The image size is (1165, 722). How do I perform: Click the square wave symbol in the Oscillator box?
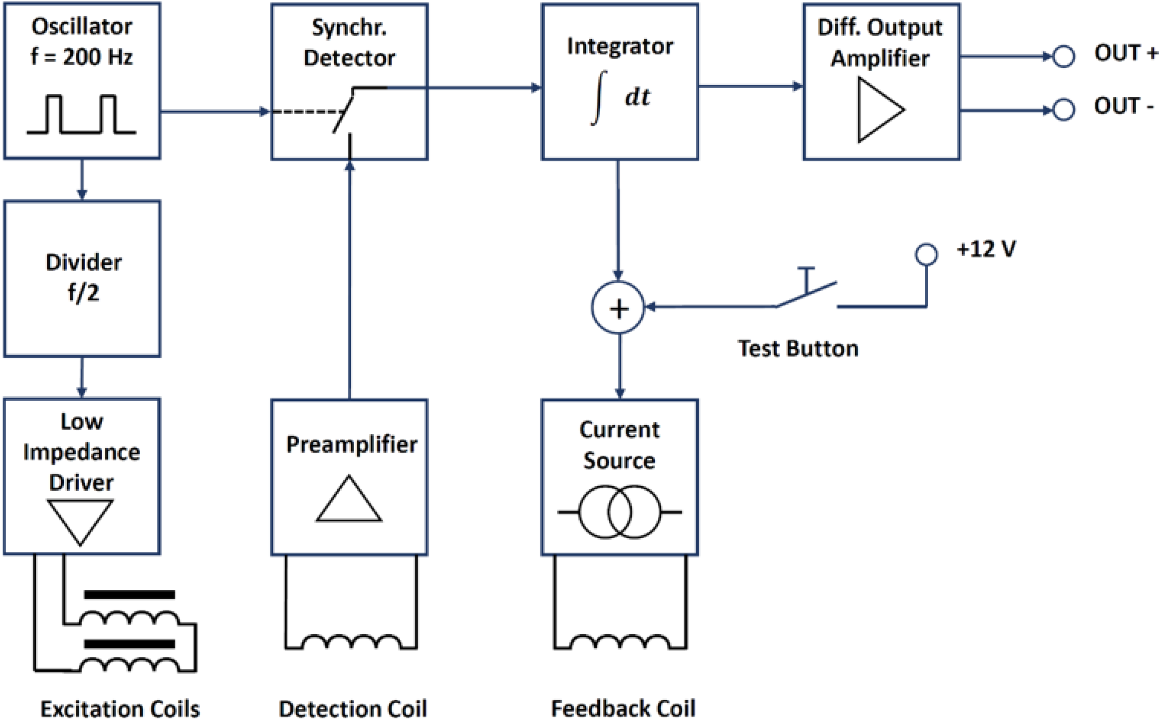81,115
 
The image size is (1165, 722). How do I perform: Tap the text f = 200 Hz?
81,57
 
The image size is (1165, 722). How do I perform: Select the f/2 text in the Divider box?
83,292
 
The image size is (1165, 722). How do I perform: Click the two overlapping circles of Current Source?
620,512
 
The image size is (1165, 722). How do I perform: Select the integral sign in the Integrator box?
598,98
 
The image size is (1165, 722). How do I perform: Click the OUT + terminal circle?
1064,56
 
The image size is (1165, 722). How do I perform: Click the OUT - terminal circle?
1064,110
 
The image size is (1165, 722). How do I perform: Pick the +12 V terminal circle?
926,254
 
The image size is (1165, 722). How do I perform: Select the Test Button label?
798,349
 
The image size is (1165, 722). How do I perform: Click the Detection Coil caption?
353,708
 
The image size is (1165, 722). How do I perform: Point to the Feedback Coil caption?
623,708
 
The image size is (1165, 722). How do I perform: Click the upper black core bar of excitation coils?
129,595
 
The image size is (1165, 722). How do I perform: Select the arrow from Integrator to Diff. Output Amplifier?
750,86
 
